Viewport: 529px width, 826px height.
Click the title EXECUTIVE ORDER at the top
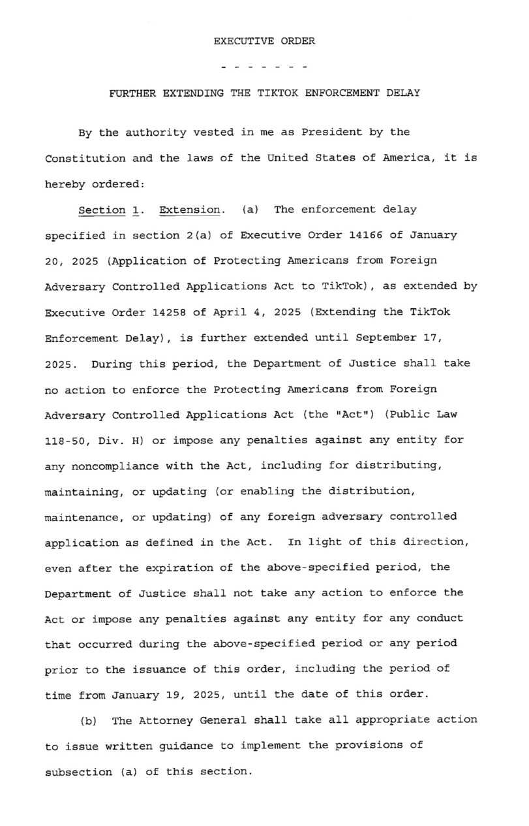click(x=264, y=41)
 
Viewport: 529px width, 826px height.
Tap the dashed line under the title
click(x=264, y=67)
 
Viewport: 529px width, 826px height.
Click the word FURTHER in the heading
click(x=131, y=93)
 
